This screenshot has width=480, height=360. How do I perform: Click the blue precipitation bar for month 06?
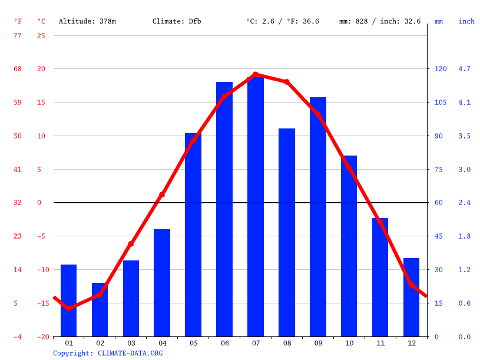(x=224, y=209)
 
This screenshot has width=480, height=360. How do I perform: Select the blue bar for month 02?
(x=100, y=310)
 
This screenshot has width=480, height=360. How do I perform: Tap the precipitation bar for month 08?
(x=287, y=233)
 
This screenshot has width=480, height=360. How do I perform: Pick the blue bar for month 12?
(x=411, y=298)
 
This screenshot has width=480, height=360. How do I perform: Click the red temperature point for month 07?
(x=256, y=75)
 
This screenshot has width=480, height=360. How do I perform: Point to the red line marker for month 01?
(x=69, y=309)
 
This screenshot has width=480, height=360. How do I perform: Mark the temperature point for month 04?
(x=162, y=194)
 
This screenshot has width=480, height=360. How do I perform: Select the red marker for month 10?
(x=349, y=168)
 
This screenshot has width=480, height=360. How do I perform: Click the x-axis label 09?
(x=318, y=343)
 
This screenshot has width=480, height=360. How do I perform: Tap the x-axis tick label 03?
(x=131, y=343)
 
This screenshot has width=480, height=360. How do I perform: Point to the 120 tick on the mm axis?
(x=441, y=69)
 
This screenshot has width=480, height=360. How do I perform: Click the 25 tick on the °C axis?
(x=41, y=35)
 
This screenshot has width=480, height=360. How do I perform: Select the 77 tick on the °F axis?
(x=18, y=35)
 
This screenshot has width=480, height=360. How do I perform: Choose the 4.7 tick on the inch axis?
(x=464, y=69)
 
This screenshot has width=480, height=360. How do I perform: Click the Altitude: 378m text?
(x=87, y=21)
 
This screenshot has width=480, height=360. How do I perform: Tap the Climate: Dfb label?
(x=177, y=21)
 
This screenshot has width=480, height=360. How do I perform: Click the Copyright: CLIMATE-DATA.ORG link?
(x=108, y=353)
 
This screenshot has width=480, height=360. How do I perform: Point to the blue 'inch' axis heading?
(x=466, y=21)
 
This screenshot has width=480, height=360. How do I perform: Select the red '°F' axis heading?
(x=18, y=21)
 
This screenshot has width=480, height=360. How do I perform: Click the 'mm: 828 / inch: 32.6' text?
(x=380, y=21)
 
